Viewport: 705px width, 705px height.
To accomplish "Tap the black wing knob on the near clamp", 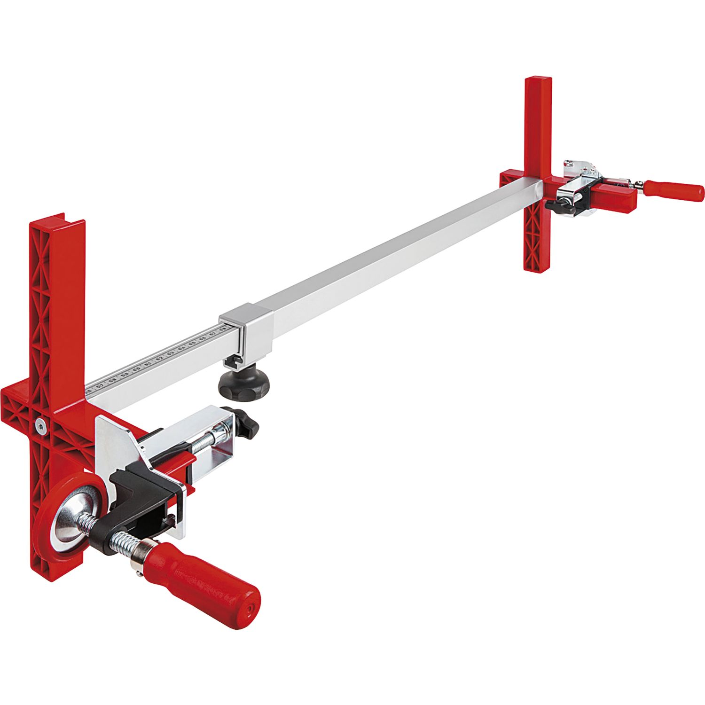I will coord(245,423).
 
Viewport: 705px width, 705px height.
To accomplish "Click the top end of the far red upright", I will coord(538,82).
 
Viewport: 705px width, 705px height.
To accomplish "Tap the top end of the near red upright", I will coord(56,223).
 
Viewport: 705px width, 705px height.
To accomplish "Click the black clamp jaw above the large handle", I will coord(136,489).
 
